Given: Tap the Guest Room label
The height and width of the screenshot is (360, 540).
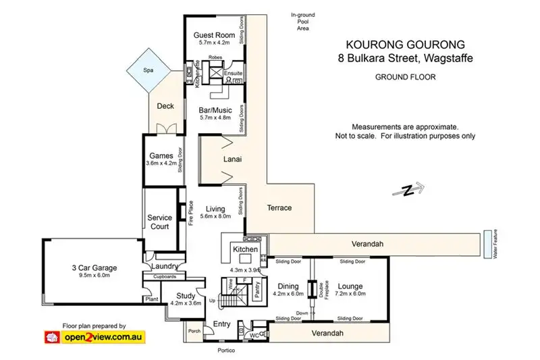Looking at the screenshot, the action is click(214, 35).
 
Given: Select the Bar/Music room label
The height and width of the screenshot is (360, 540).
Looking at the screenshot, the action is click(215, 109).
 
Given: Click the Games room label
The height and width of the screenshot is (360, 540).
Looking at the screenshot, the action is click(161, 155).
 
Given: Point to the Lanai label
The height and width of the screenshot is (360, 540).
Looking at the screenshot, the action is click(232, 160).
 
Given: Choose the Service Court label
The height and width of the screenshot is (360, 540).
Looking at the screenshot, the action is click(160, 222).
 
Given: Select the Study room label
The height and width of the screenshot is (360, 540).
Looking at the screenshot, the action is click(186, 296).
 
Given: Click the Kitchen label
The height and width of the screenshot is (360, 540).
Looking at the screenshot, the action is click(245, 250).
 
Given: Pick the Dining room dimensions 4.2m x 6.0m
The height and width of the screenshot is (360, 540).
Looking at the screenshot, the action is click(288, 294).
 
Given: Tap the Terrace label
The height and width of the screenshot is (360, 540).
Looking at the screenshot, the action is click(278, 208).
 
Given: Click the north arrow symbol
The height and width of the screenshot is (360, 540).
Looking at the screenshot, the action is click(409, 190).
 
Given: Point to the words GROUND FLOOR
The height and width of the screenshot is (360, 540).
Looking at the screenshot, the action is click(405, 77).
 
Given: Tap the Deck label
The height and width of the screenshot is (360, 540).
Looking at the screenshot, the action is click(165, 106).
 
